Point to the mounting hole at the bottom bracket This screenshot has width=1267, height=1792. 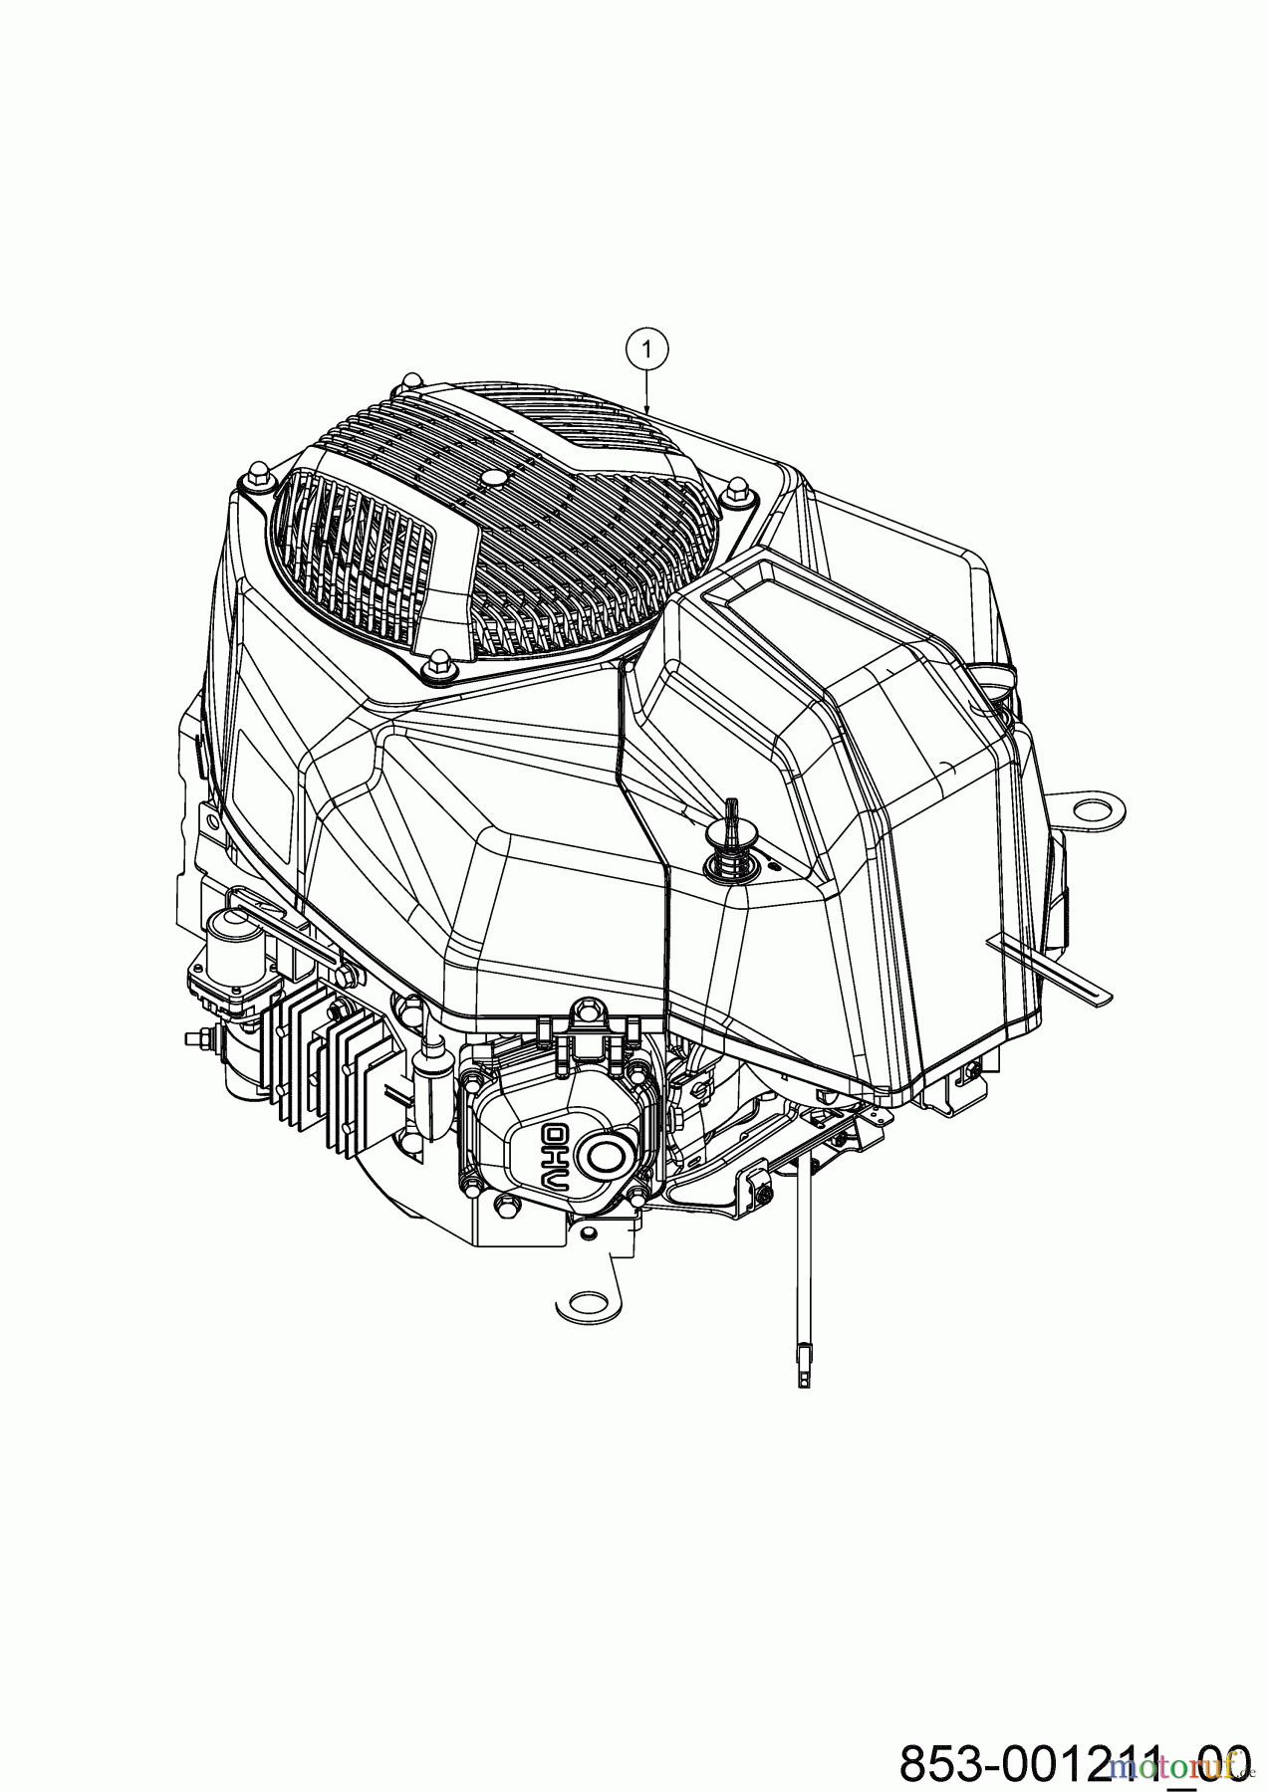point(588,1304)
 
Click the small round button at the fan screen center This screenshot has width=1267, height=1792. point(489,479)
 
